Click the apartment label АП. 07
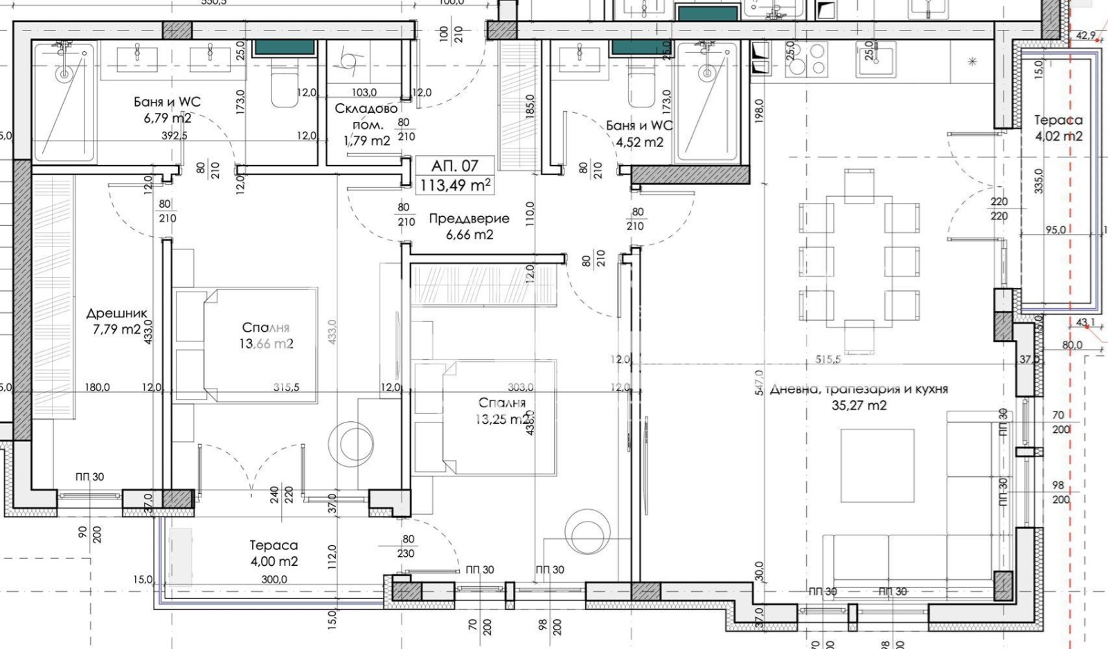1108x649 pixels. (454, 166)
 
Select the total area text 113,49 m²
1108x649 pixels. (456, 185)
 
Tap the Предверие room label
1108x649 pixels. (469, 218)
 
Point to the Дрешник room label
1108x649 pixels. (116, 314)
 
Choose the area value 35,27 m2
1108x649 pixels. (859, 406)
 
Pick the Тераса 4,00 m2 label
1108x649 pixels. (274, 553)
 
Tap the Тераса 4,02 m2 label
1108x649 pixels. (1058, 128)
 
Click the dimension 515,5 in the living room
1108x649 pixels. (828, 359)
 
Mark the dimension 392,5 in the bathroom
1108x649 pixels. (175, 136)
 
